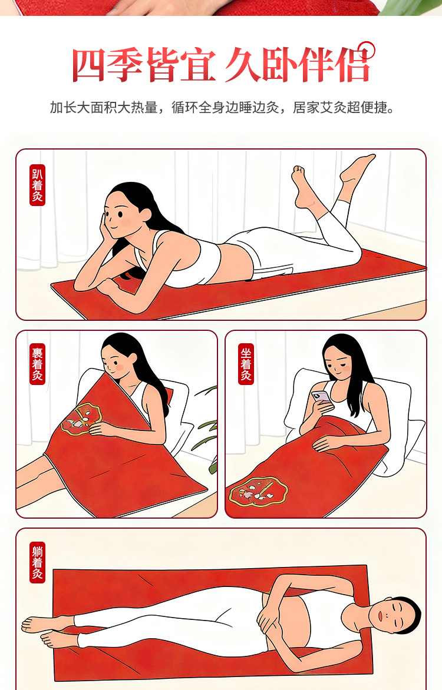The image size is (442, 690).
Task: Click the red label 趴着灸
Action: pyautogui.click(x=38, y=185)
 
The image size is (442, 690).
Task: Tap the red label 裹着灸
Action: pyautogui.click(x=38, y=364)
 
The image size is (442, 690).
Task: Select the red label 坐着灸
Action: pyautogui.click(x=246, y=364)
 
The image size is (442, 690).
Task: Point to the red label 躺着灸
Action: pyautogui.click(x=38, y=563)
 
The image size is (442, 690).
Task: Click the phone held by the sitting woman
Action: pyautogui.click(x=321, y=397)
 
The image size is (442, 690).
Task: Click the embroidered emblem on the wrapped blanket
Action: pyautogui.click(x=81, y=419)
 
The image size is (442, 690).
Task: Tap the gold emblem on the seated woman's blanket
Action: pyautogui.click(x=258, y=492)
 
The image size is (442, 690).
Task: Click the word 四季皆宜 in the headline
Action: pyautogui.click(x=144, y=65)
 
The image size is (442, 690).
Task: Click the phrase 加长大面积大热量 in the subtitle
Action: pyautogui.click(x=104, y=107)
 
